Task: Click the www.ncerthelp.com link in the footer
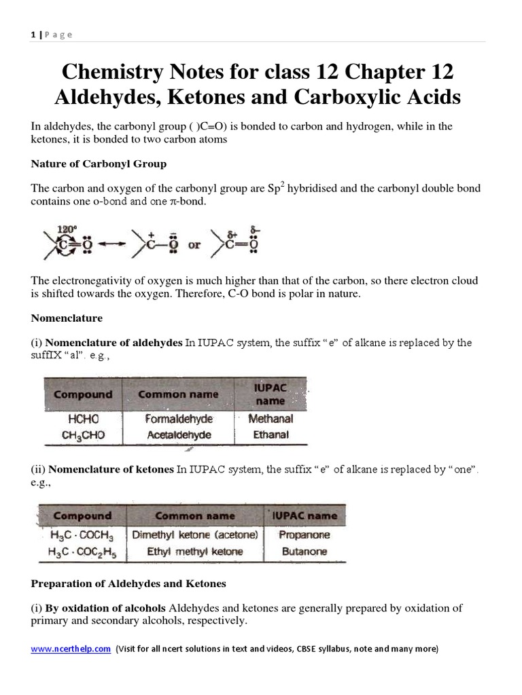tap(71, 649)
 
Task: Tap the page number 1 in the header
tap(33, 35)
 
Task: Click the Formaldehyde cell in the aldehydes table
tap(178, 419)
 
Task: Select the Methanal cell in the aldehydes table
tap(271, 419)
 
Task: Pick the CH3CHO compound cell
tap(82, 435)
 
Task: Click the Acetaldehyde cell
tap(178, 435)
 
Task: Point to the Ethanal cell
tap(271, 434)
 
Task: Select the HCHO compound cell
tap(82, 419)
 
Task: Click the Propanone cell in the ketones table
tap(304, 535)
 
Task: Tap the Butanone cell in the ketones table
tap(304, 552)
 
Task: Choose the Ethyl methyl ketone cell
tap(195, 552)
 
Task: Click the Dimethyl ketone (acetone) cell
tap(195, 535)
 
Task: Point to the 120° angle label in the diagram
tap(67, 230)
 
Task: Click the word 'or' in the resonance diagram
tap(194, 246)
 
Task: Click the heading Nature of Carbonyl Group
tap(98, 164)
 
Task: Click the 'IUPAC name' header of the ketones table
tap(304, 516)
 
